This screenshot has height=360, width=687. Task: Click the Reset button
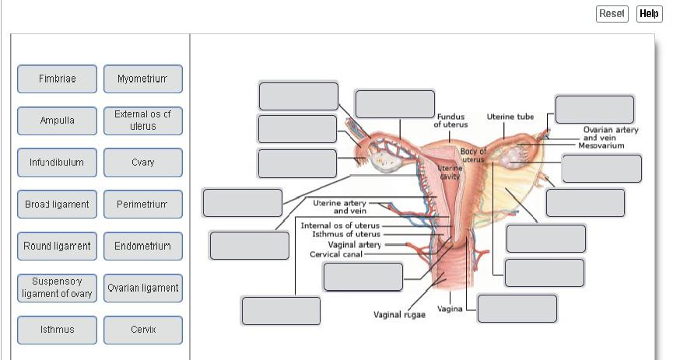click(612, 14)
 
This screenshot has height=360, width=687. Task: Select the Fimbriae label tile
click(58, 79)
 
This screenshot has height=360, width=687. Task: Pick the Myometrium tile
click(143, 79)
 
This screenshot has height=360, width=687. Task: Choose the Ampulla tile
click(58, 121)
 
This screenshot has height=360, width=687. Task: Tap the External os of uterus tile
click(143, 121)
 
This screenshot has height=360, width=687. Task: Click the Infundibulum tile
click(58, 163)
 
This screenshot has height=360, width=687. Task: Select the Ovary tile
click(143, 163)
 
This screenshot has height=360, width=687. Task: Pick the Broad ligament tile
click(58, 204)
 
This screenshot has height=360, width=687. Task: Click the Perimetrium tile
click(143, 204)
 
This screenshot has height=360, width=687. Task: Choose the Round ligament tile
click(58, 246)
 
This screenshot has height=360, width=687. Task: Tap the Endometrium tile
click(143, 246)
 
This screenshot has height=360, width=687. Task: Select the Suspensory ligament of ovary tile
click(58, 288)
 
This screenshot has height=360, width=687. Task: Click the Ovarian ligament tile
click(143, 288)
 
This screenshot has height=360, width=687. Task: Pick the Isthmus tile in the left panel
click(58, 330)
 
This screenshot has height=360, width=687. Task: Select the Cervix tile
click(143, 330)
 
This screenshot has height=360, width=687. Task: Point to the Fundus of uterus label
click(450, 121)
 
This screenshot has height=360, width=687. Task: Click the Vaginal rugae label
click(399, 315)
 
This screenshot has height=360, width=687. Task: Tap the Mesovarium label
click(601, 145)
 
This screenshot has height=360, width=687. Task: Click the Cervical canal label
click(335, 255)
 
